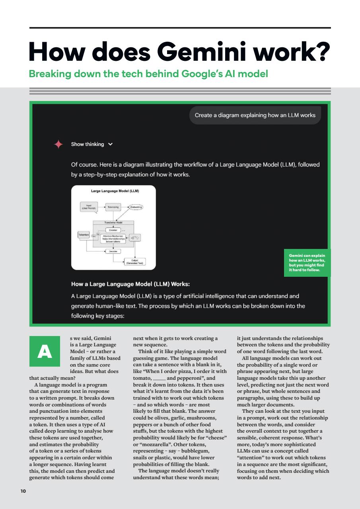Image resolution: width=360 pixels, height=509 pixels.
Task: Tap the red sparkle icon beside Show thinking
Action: [58, 144]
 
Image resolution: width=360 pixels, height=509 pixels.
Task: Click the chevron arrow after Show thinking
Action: [110, 144]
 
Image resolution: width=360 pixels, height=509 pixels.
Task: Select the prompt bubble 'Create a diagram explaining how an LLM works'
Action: [255, 115]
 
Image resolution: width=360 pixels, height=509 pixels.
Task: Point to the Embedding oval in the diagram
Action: [136, 207]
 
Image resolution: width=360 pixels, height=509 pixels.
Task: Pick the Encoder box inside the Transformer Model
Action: [113, 230]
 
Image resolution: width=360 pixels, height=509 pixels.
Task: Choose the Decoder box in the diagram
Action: [113, 251]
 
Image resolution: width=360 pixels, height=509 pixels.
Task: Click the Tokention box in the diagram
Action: [84, 235]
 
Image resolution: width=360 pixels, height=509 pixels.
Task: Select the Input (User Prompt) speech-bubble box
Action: [88, 207]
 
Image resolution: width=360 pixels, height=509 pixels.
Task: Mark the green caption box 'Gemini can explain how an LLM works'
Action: [307, 263]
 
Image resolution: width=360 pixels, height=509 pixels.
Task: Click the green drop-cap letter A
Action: [45, 352]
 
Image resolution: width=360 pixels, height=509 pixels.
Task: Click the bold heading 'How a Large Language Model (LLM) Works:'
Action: [130, 284]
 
